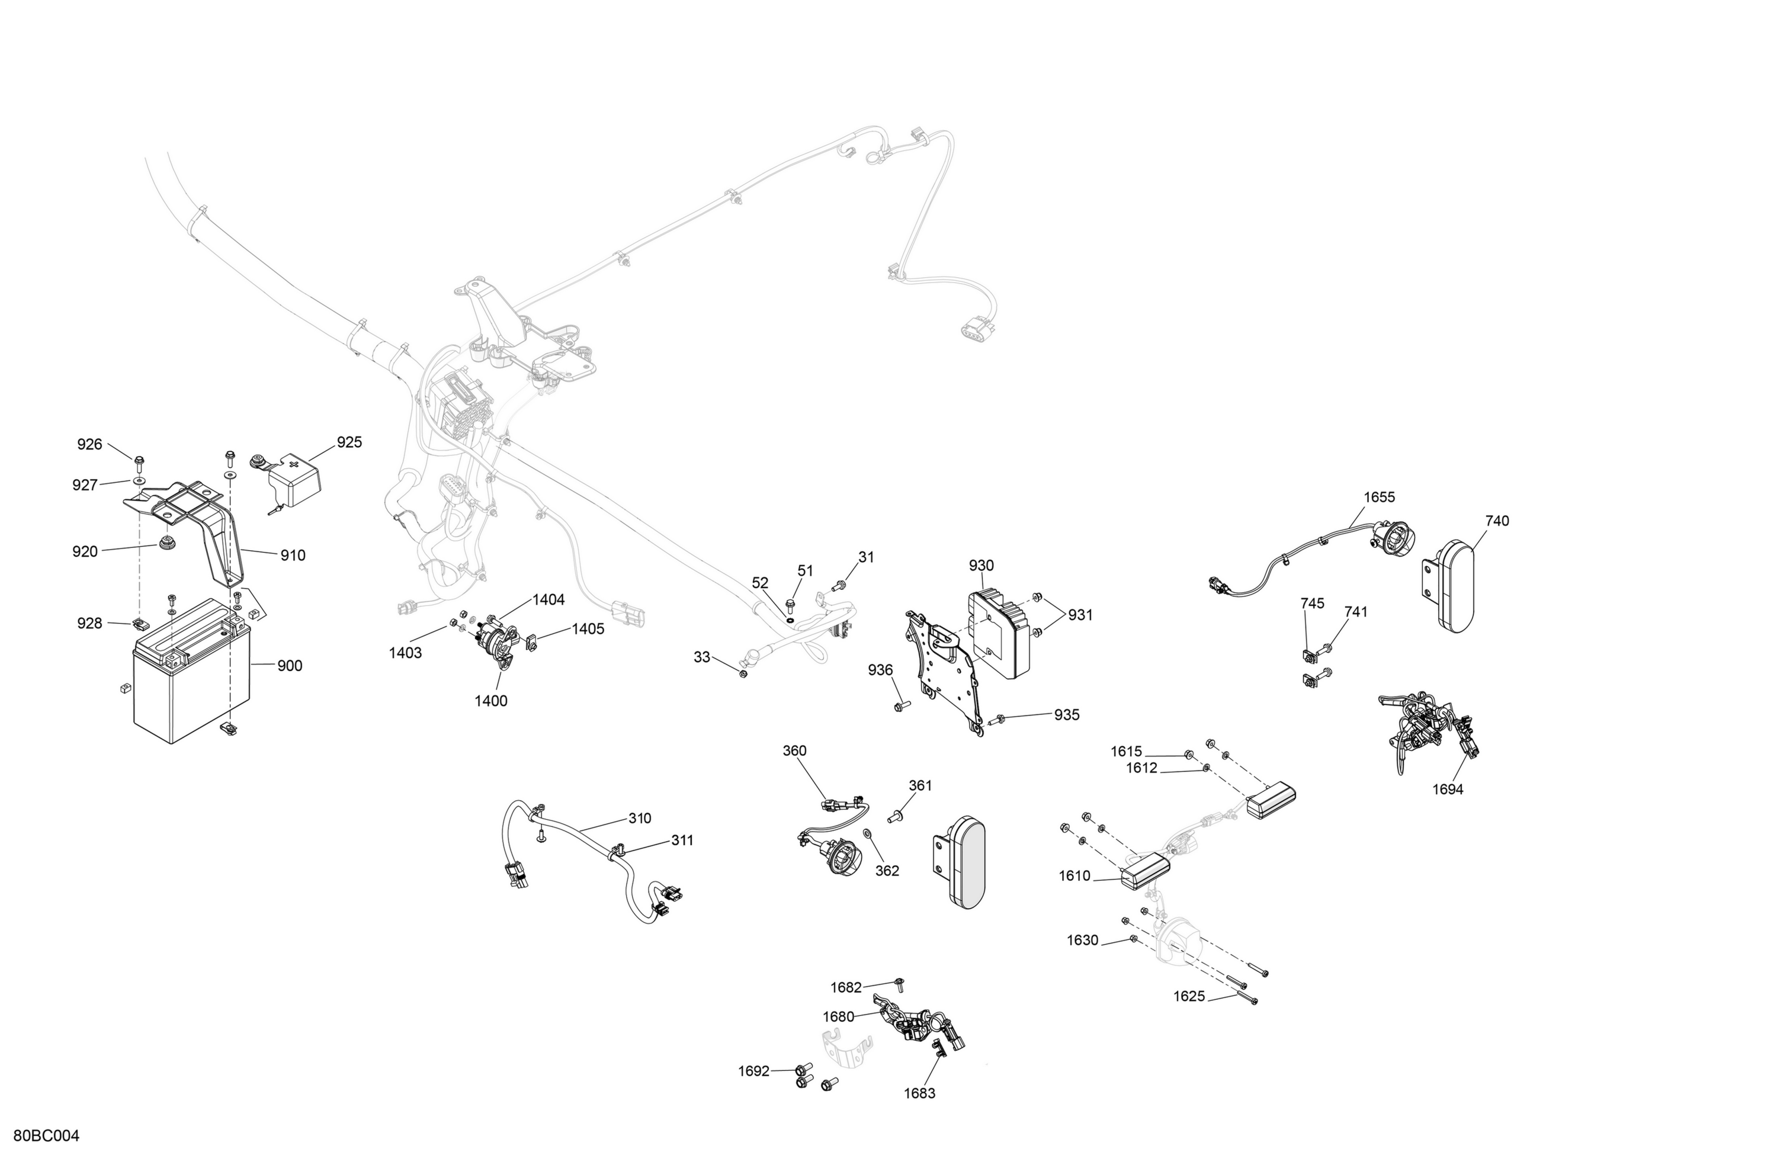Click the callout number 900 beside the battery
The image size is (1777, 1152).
(x=290, y=666)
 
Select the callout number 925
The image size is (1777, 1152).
(x=349, y=442)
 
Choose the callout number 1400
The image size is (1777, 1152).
(x=491, y=701)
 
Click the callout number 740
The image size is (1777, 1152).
(x=1497, y=521)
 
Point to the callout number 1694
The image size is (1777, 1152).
(x=1448, y=789)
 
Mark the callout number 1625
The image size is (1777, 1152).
(x=1189, y=996)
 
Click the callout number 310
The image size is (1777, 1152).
(x=640, y=819)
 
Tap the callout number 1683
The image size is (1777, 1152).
(x=919, y=1093)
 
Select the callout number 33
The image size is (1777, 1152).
(x=702, y=657)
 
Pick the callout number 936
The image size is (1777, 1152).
(x=880, y=670)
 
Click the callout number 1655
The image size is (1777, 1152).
(x=1379, y=498)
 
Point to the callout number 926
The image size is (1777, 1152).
(x=89, y=444)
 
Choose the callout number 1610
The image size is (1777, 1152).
(x=1074, y=876)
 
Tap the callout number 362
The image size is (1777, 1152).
(x=887, y=871)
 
